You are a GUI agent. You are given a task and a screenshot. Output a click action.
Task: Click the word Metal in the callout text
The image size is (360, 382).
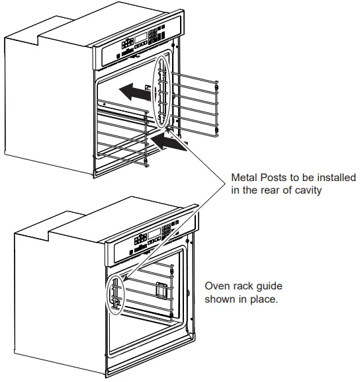coord(244,178)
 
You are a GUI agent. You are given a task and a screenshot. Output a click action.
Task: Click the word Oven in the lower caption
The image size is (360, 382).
coord(217,286)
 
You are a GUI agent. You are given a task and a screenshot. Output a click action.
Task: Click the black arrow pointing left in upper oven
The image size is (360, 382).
coord(131,91)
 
